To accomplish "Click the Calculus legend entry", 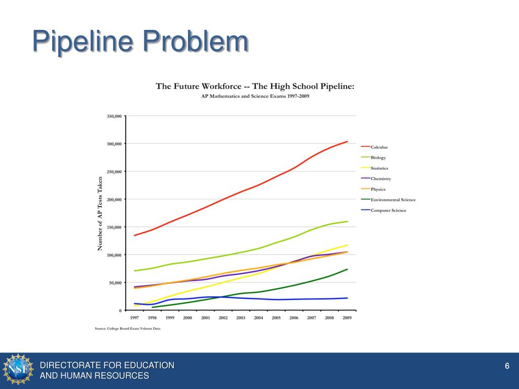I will pos(379,147).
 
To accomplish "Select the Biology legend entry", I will pos(378,158).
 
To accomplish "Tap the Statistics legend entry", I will pos(379,168).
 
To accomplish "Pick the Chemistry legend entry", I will pos(381,179).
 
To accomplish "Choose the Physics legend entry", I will pos(378,189).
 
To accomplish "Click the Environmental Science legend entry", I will pos(393,200).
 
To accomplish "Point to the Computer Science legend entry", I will pos(388,210).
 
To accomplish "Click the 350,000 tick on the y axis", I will pos(114,116).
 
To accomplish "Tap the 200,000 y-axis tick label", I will pos(114,200).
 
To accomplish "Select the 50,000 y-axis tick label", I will pos(115,283).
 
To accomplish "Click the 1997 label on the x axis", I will pos(134,318).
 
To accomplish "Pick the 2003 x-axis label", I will pos(241,318).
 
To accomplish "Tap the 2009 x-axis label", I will pos(347,318).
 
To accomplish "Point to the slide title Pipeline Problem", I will pos(140,42).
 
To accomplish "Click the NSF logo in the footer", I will pos(18,369).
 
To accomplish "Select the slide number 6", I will pos(506,366).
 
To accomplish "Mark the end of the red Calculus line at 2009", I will pos(347,142).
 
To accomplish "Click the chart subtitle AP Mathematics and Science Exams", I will pos(255,96).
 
